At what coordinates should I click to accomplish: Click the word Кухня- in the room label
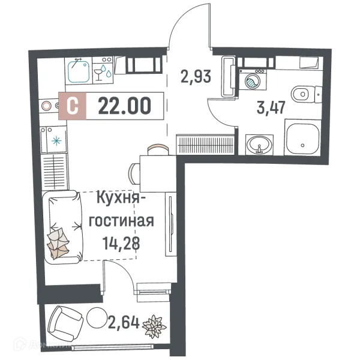pyautogui.click(x=122, y=198)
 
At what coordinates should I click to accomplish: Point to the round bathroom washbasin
pyautogui.click(x=259, y=145)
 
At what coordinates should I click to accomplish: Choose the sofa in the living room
pyautogui.click(x=64, y=227)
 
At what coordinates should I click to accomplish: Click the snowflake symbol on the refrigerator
pyautogui.click(x=56, y=141)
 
